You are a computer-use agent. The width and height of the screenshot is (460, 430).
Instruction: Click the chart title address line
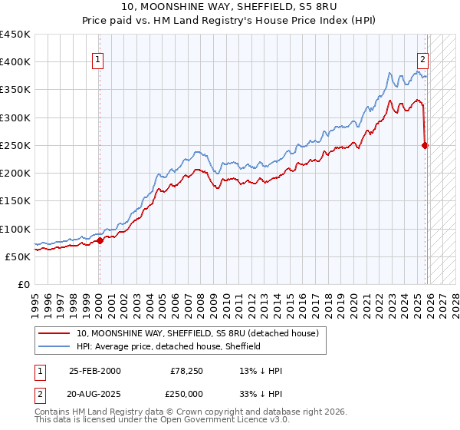point(230,7)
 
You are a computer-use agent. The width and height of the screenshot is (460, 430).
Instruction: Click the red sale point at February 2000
point(100,240)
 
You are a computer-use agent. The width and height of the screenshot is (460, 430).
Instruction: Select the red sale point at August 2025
point(426,145)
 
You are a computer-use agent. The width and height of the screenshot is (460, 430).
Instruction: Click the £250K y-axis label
point(15,145)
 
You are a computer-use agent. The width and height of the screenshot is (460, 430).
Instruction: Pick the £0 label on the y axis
point(23,284)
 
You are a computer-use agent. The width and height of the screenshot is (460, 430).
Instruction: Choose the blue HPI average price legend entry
point(169,346)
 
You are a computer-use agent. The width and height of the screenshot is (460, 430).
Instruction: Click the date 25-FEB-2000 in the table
point(94,371)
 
